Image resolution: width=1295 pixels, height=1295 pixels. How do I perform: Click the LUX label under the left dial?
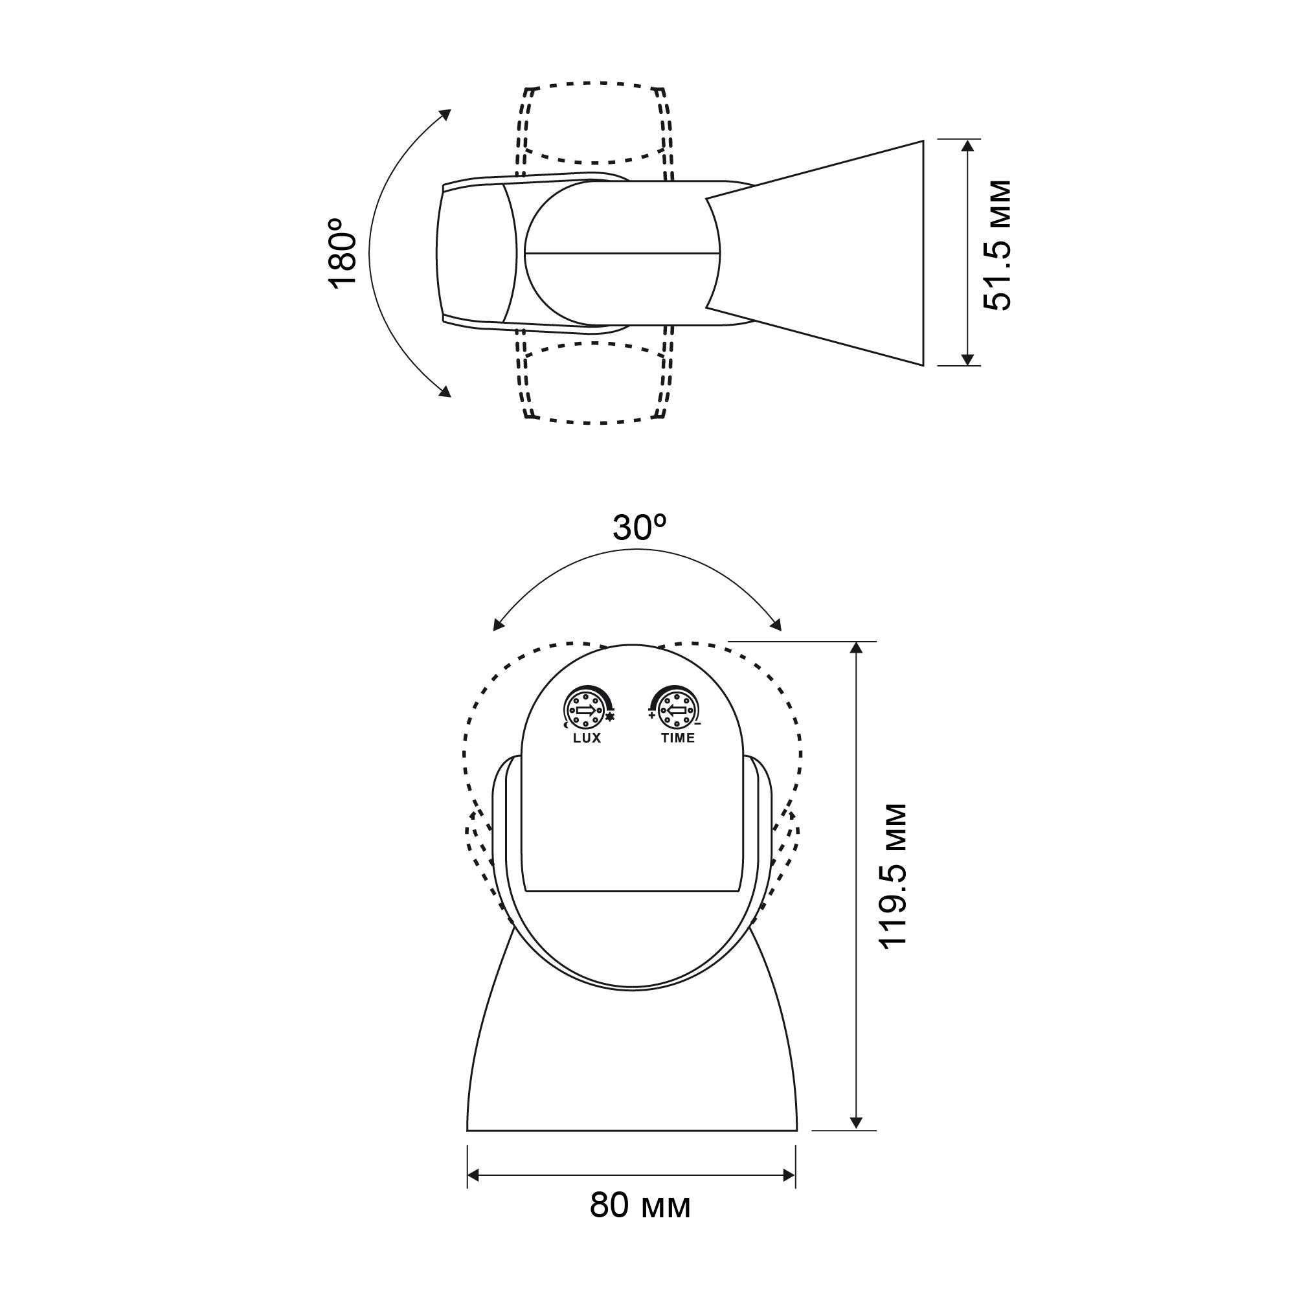(587, 738)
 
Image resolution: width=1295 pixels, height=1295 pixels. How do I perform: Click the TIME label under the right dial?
(678, 738)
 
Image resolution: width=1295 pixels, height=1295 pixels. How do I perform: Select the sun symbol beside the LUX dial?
(609, 718)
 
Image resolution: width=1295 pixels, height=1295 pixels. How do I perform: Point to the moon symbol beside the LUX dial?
(567, 725)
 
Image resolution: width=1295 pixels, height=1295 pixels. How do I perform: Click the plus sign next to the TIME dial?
(651, 715)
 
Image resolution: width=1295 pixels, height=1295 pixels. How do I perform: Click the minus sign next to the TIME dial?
(698, 724)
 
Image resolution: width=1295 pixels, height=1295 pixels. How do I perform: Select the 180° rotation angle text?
(344, 253)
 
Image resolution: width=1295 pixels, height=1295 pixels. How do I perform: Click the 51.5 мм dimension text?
(996, 245)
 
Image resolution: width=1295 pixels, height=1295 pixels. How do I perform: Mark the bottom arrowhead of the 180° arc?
(444, 392)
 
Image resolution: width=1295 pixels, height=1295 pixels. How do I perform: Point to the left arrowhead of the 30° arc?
(498, 625)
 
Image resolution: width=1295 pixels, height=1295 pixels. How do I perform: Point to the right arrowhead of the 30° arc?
(776, 625)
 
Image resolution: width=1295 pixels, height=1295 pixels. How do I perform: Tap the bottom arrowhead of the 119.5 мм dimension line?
(855, 1123)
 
